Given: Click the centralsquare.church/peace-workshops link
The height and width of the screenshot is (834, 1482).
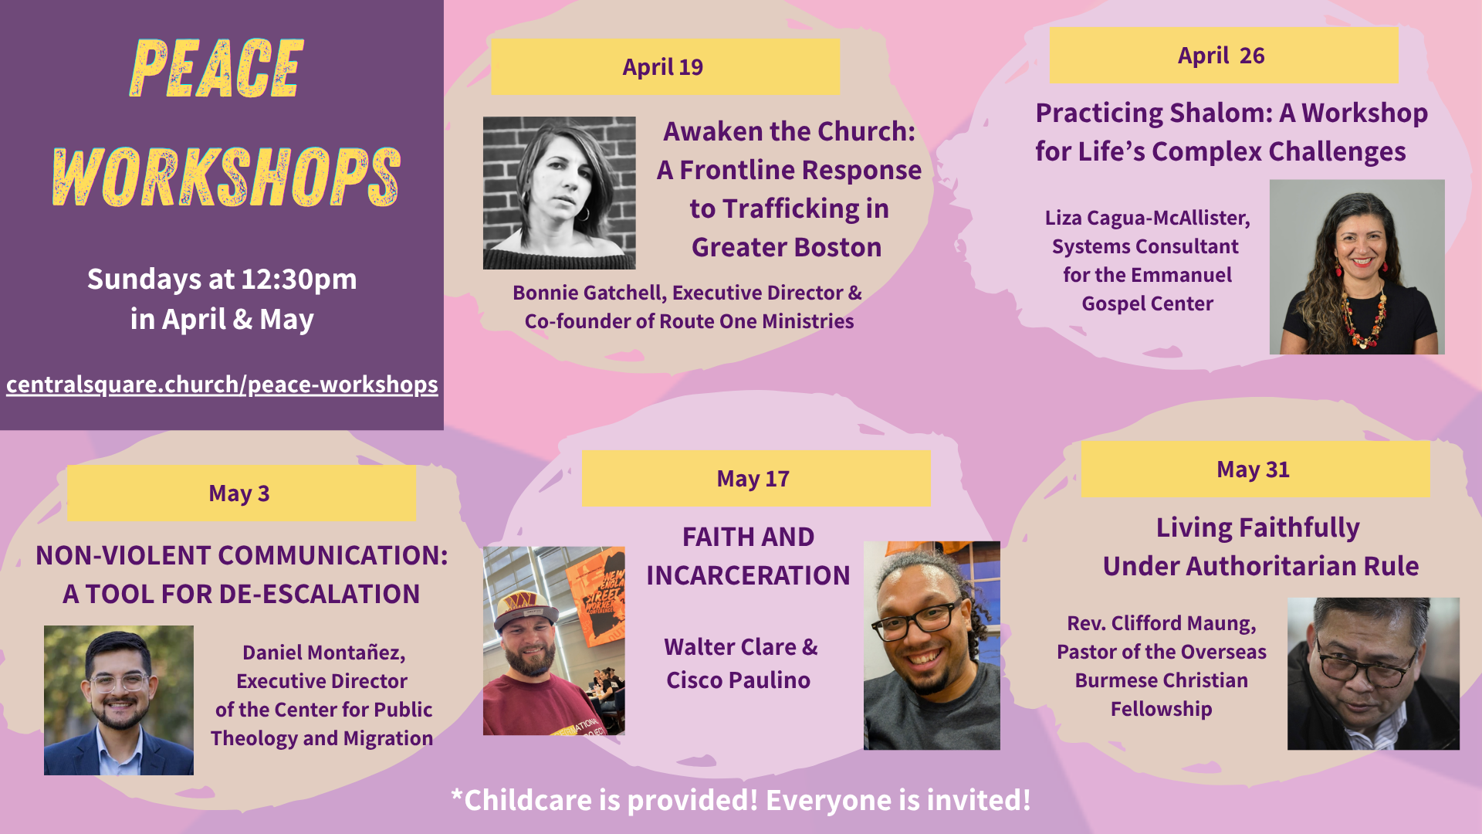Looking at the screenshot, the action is pyautogui.click(x=222, y=385).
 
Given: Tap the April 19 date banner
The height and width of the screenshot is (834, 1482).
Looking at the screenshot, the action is pyautogui.click(x=665, y=67).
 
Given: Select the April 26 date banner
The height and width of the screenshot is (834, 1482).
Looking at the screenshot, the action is pyautogui.click(x=1223, y=56).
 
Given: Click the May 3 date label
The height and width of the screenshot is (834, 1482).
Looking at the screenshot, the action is pyautogui.click(x=239, y=493).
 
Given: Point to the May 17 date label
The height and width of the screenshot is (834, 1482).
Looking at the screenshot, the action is pyautogui.click(x=753, y=479).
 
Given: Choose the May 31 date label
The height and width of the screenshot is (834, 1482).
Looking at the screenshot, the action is pyautogui.click(x=1254, y=470).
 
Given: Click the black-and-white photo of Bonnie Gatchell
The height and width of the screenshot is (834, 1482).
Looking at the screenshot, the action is pyautogui.click(x=560, y=193).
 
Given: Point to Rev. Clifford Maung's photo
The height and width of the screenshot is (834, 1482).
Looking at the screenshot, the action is pyautogui.click(x=1373, y=673).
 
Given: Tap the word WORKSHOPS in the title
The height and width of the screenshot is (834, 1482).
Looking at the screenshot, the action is pyautogui.click(x=226, y=177).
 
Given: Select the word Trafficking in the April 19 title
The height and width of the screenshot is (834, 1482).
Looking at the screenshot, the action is pyautogui.click(x=789, y=208).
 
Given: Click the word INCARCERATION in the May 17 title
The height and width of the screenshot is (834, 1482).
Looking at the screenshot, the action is pyautogui.click(x=748, y=575).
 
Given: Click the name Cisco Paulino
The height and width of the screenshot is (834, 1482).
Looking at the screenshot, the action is pyautogui.click(x=738, y=680).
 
